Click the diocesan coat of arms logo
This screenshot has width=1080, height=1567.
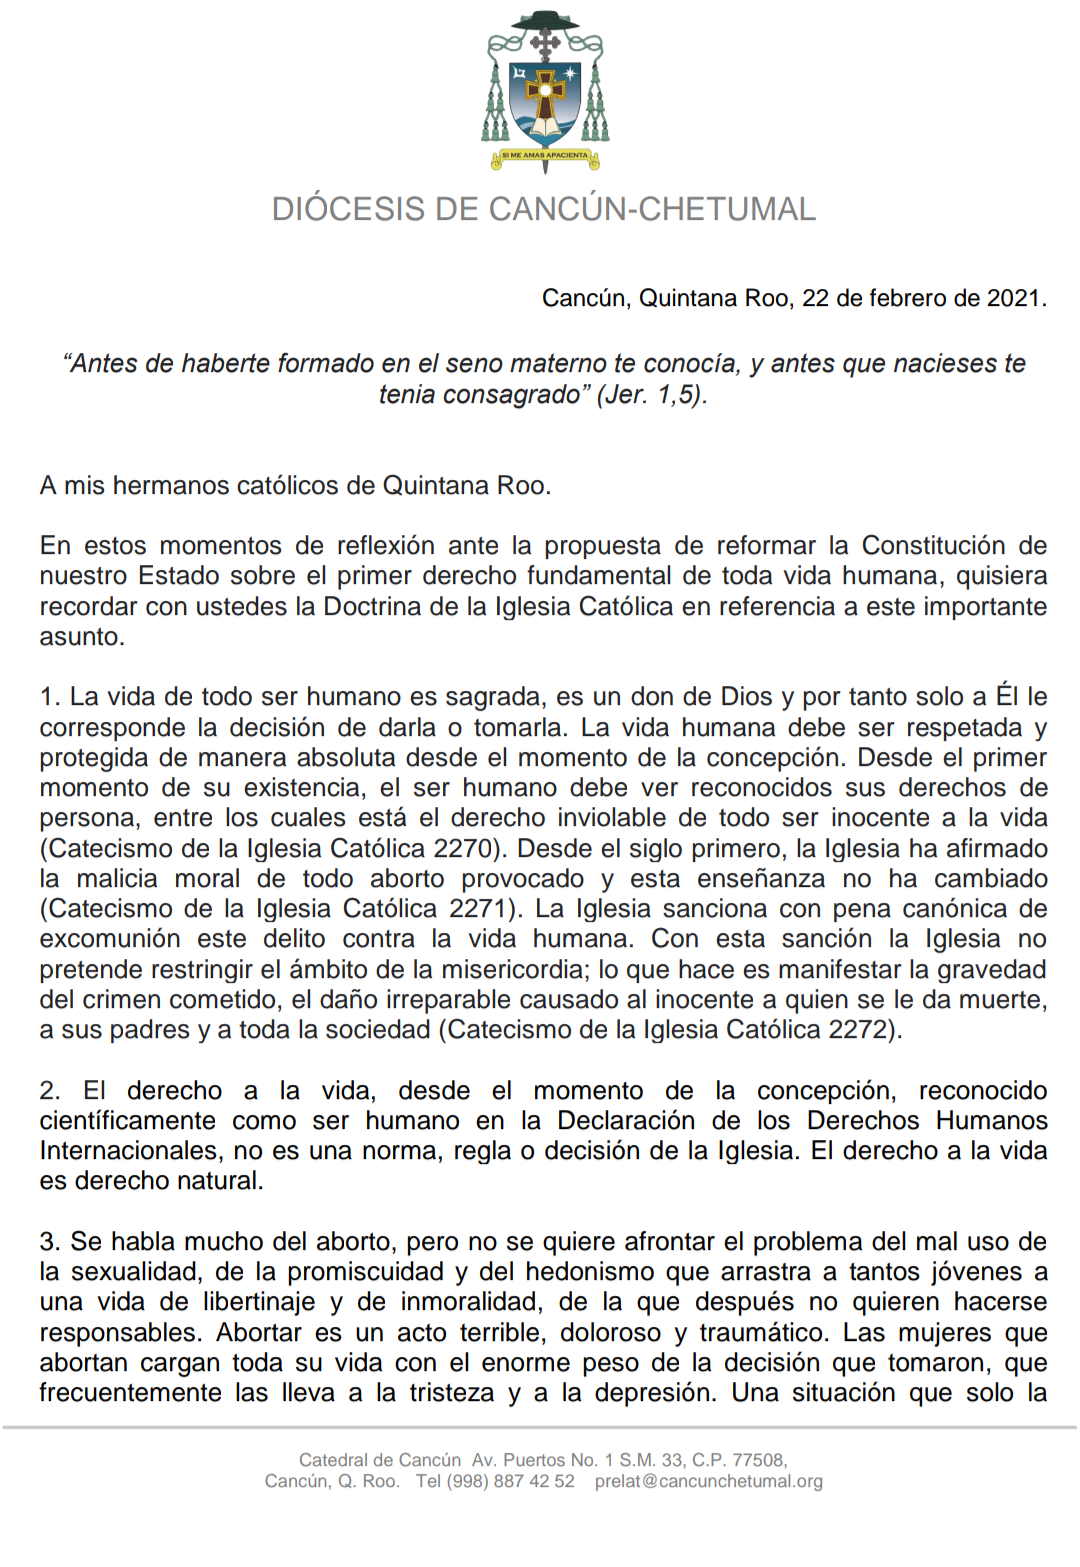pyautogui.click(x=545, y=90)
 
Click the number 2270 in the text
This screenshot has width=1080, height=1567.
pyautogui.click(x=464, y=848)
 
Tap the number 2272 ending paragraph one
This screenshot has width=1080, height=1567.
pyautogui.click(x=861, y=1029)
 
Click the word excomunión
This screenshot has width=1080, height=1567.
pyautogui.click(x=110, y=939)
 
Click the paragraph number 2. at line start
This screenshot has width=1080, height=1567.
pyautogui.click(x=49, y=1090)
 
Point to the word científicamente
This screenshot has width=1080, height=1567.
pyautogui.click(x=128, y=1120)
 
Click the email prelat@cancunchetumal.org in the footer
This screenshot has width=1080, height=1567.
pyautogui.click(x=708, y=1481)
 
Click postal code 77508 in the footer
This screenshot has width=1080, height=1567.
pyautogui.click(x=759, y=1460)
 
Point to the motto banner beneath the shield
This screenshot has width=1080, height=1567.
pyautogui.click(x=545, y=156)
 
